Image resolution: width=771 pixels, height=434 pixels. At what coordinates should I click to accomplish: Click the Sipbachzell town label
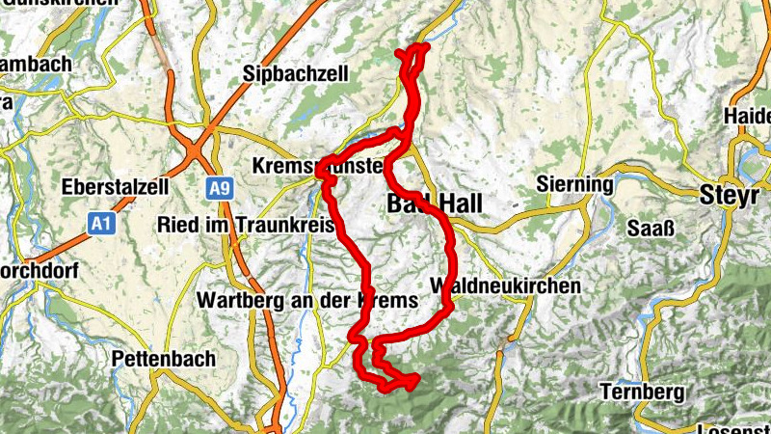[x=290, y=73]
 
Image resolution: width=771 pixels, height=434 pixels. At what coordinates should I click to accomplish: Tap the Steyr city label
[x=731, y=194]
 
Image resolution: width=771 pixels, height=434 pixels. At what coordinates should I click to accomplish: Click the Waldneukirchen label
[x=506, y=286]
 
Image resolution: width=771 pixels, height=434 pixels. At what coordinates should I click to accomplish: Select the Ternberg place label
[x=642, y=393]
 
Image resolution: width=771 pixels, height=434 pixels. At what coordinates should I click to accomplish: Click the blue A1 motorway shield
[x=101, y=224]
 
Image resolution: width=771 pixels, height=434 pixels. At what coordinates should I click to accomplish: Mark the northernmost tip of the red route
[x=420, y=45]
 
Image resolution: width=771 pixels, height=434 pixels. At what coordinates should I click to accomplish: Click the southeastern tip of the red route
[x=415, y=379]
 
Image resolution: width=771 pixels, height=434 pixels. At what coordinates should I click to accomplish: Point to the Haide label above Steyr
[x=749, y=116]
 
